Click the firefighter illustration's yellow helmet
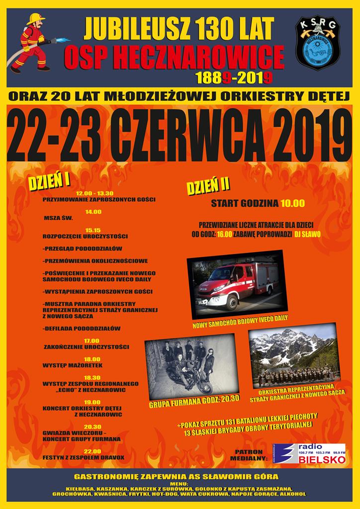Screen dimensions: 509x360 pyautogui.click(x=35, y=18)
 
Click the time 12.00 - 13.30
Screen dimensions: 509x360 pyautogui.click(x=94, y=193)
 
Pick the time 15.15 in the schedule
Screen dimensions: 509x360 pyautogui.click(x=93, y=230)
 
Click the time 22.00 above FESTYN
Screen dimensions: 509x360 pyautogui.click(x=93, y=450)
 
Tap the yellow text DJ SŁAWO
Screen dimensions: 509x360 pyautogui.click(x=307, y=234)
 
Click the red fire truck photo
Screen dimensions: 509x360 pyautogui.click(x=237, y=284)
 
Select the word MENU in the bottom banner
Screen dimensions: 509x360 pyautogui.click(x=180, y=484)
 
